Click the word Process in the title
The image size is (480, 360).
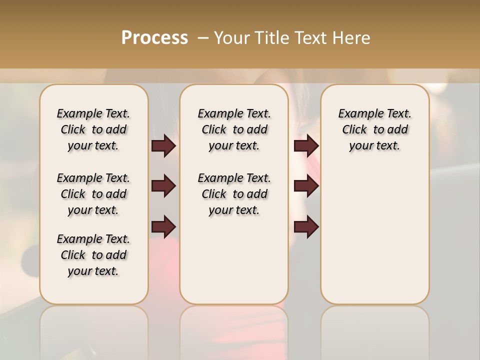click(154, 38)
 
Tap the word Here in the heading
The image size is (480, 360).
click(351, 38)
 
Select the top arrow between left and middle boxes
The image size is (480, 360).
click(163, 145)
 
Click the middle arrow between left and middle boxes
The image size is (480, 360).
click(163, 186)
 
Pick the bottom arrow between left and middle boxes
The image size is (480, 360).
click(163, 226)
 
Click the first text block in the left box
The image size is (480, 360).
click(93, 129)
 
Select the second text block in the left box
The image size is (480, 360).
click(93, 194)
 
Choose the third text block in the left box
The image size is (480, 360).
click(93, 255)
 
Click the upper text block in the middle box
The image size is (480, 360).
click(234, 129)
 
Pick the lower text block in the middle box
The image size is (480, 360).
click(234, 194)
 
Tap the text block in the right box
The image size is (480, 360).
click(375, 129)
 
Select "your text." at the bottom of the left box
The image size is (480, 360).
click(93, 271)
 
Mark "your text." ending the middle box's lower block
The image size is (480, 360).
click(234, 210)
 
